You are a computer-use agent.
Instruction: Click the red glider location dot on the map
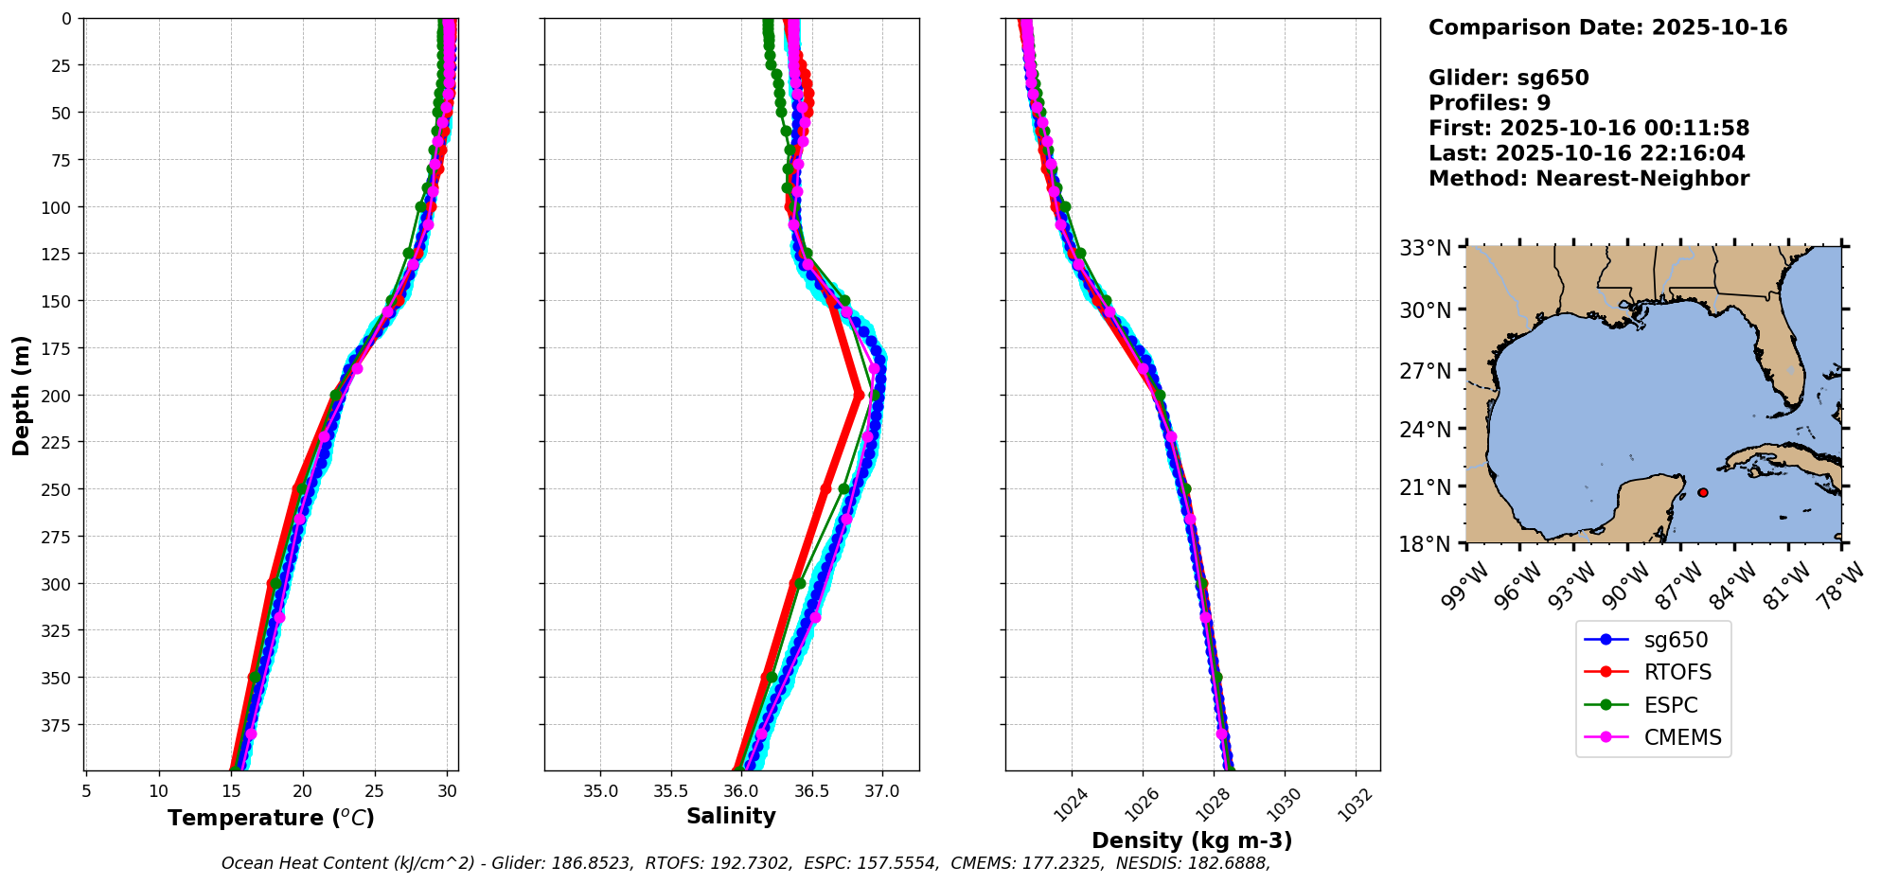pyautogui.click(x=1703, y=492)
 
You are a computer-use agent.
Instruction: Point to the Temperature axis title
pyautogui.click(x=271, y=818)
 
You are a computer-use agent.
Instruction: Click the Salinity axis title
pyautogui.click(x=731, y=816)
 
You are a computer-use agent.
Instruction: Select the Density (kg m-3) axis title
pyautogui.click(x=1192, y=840)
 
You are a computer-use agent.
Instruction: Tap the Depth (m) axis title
pyautogui.click(x=21, y=395)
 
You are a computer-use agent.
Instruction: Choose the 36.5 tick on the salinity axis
pyautogui.click(x=811, y=790)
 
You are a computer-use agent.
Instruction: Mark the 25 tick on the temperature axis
pyautogui.click(x=375, y=790)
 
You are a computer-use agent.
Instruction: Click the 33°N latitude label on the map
pyautogui.click(x=1426, y=248)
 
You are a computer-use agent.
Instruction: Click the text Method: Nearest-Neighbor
pyautogui.click(x=1588, y=179)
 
